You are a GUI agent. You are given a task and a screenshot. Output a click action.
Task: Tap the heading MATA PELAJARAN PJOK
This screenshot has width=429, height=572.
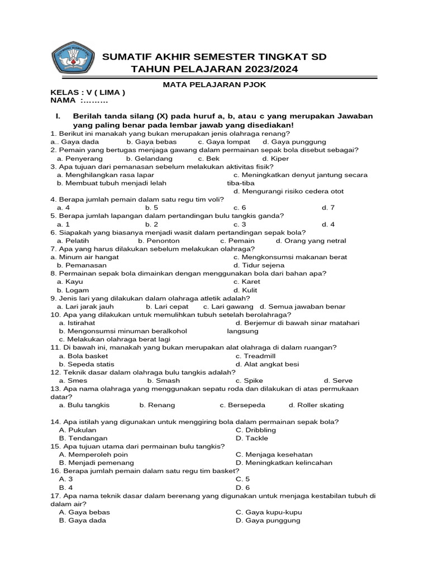tap(214, 84)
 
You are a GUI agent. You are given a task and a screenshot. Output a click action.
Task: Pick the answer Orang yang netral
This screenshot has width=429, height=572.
tap(311, 241)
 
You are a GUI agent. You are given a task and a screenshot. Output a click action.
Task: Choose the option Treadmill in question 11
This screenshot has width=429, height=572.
tap(254, 356)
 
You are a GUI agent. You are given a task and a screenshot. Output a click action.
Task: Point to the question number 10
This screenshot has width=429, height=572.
tap(55, 314)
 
